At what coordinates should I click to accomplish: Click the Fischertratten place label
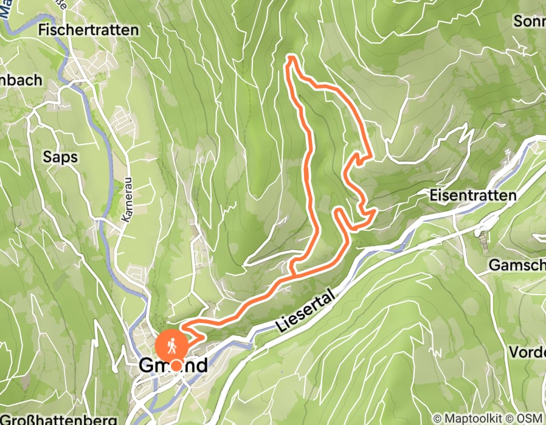[x=88, y=29]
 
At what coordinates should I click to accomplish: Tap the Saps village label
[x=60, y=157]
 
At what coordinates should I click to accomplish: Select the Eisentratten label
[x=472, y=195]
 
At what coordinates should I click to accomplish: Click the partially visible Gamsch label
[x=525, y=265]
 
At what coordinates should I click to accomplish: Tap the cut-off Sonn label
[x=530, y=21]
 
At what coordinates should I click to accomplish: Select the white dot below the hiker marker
[x=176, y=365]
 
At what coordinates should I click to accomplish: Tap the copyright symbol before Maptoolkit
[x=437, y=418]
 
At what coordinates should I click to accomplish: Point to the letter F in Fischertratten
[x=42, y=29]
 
